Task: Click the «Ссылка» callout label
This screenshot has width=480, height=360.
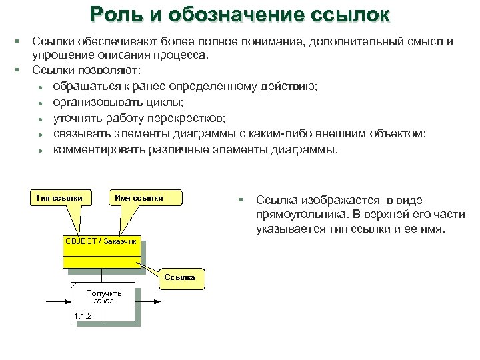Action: click(181, 277)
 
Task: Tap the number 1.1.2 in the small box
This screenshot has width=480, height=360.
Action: click(83, 315)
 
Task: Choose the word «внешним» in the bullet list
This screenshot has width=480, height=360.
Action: click(359, 133)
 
